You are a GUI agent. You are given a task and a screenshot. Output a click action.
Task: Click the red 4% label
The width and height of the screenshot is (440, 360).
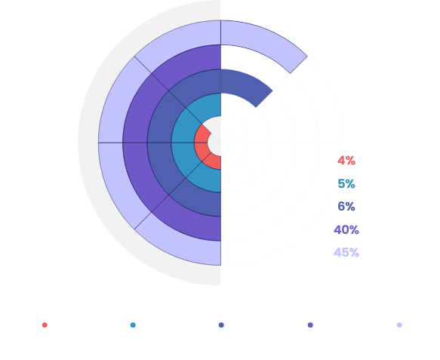346,161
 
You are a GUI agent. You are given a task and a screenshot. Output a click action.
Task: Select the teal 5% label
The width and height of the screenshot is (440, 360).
346,184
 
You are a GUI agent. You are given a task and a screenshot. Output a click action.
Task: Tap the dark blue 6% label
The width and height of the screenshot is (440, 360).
346,207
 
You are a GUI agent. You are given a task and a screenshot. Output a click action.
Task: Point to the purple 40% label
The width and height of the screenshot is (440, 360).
346,230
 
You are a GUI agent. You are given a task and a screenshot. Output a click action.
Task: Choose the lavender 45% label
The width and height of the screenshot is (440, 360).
346,253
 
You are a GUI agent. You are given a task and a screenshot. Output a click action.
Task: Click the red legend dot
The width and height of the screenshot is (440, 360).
45,325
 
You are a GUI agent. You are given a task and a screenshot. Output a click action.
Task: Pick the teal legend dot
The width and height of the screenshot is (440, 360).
133,325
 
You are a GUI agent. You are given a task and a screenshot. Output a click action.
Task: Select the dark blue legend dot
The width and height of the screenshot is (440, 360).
221,325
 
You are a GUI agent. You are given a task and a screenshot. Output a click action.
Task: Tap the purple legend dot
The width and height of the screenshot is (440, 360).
310,325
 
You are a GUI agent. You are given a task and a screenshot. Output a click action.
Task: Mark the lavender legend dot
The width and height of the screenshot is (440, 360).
399,325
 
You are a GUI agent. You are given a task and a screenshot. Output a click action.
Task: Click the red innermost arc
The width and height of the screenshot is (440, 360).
201,143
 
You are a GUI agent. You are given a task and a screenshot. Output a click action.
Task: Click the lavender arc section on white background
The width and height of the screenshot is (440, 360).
266,42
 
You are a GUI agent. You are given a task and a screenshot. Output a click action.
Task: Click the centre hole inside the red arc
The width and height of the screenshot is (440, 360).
214,143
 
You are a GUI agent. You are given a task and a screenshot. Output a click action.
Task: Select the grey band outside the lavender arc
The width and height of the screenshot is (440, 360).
88,143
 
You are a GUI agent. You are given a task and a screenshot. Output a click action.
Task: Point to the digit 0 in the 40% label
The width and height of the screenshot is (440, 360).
345,230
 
